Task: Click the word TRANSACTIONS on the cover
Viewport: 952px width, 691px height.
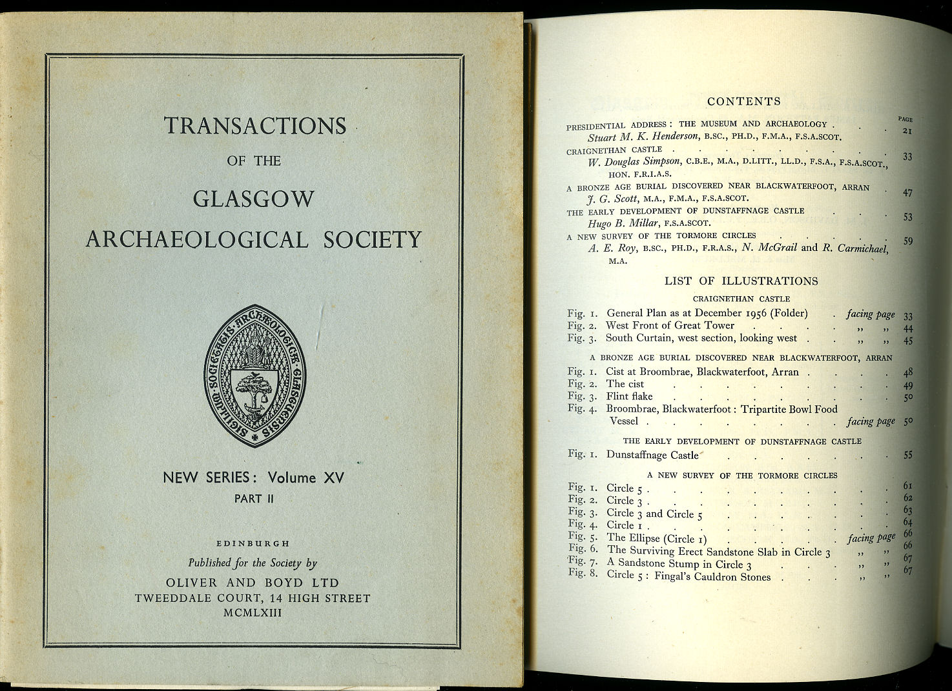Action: click(255, 125)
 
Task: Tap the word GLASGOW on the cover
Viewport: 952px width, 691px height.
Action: click(254, 199)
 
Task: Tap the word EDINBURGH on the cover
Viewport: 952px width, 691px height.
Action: click(253, 544)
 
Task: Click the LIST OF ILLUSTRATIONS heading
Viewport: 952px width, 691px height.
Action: click(741, 281)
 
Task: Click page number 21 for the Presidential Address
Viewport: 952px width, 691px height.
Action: click(906, 131)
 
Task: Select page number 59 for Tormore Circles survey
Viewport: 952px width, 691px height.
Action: click(908, 241)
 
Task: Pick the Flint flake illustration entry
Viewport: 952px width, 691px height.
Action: click(629, 396)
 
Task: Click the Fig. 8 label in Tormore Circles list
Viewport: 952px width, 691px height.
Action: click(583, 574)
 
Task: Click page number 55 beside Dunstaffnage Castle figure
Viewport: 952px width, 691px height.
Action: click(907, 455)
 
